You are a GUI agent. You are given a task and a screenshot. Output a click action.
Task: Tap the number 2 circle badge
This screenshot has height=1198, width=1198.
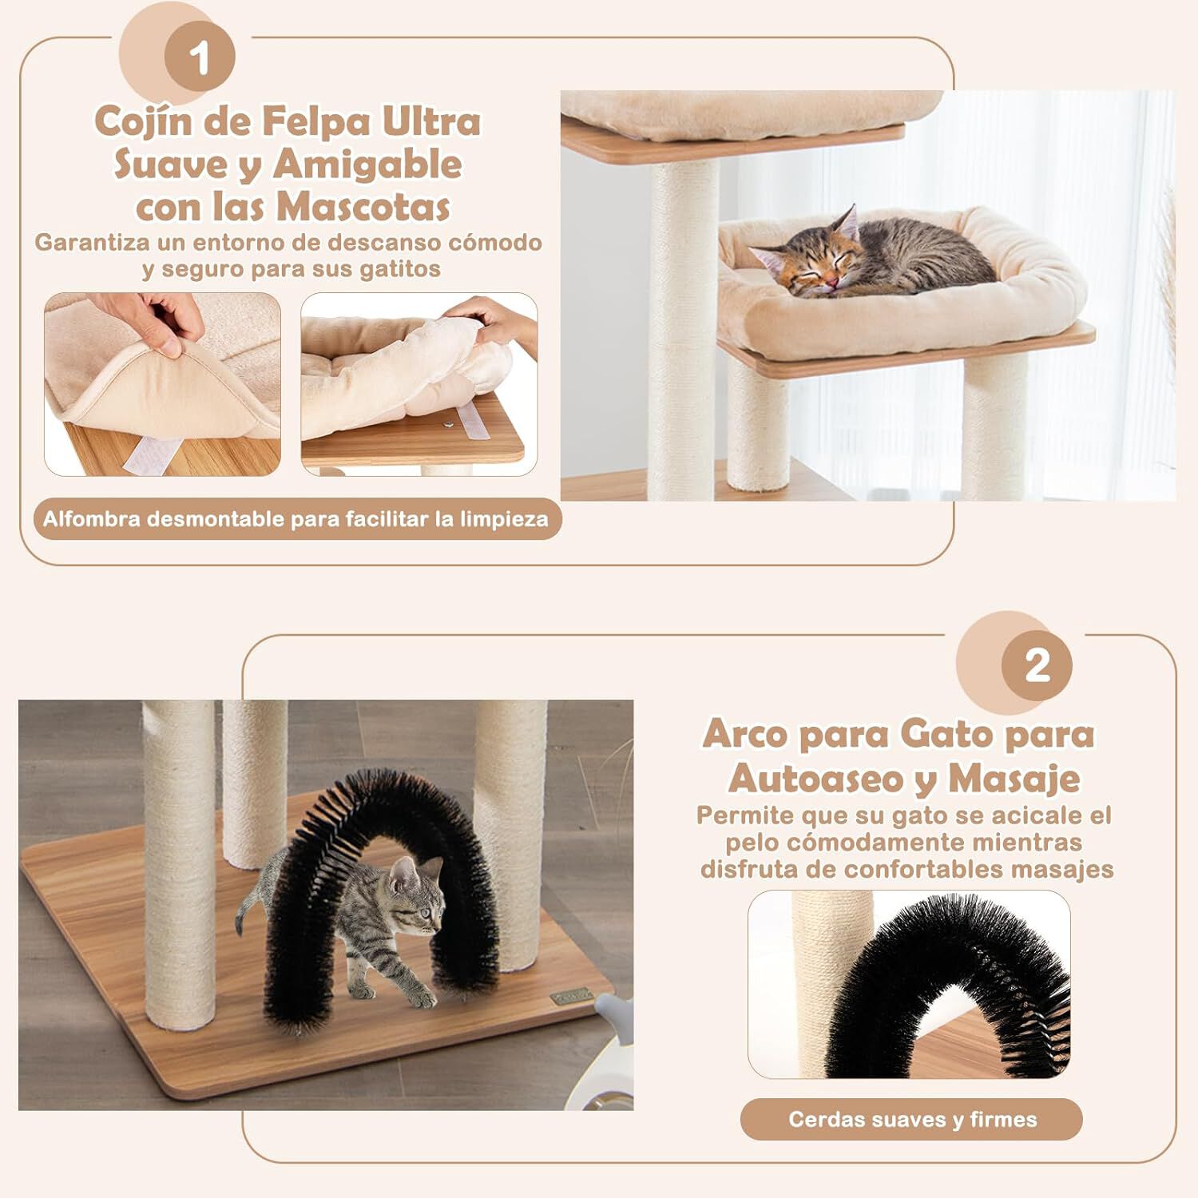[1037, 664]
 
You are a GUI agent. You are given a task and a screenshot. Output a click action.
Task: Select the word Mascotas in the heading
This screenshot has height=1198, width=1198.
[363, 207]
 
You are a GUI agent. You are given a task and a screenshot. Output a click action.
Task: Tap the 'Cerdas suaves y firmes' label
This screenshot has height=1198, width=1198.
[912, 1119]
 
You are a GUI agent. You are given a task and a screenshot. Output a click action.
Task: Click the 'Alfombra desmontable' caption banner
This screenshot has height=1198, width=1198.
[296, 519]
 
